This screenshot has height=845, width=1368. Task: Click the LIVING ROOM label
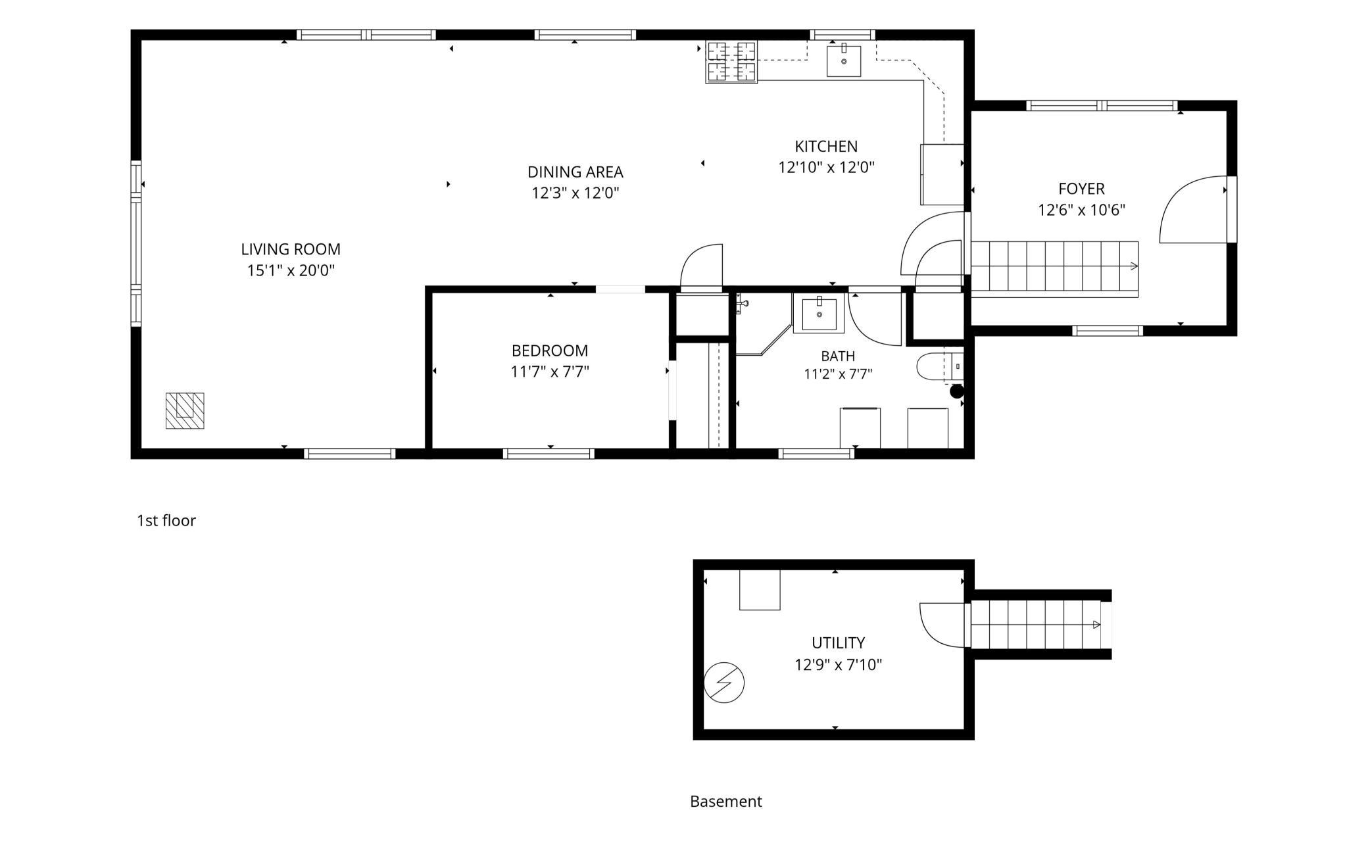click(x=291, y=249)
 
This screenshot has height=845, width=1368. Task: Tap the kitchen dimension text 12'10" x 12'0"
click(x=826, y=167)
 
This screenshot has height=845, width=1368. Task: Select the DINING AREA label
click(x=575, y=172)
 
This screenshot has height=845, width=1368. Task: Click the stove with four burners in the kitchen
click(x=731, y=62)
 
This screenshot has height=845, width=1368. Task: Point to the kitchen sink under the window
click(x=844, y=60)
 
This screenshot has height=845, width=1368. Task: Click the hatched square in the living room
click(x=185, y=411)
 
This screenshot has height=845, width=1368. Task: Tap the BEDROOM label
click(x=550, y=350)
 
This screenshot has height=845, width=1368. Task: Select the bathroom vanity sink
click(x=819, y=314)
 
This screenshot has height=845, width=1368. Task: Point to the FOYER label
click(x=1081, y=189)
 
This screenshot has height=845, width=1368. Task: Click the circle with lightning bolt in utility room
click(x=724, y=683)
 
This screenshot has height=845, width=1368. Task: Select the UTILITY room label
click(x=838, y=642)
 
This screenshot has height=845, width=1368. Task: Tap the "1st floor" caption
click(x=166, y=521)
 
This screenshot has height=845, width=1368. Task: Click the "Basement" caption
click(x=726, y=802)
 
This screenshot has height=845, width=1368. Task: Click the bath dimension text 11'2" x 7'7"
click(x=838, y=374)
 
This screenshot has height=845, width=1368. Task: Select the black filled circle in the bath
click(x=957, y=392)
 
